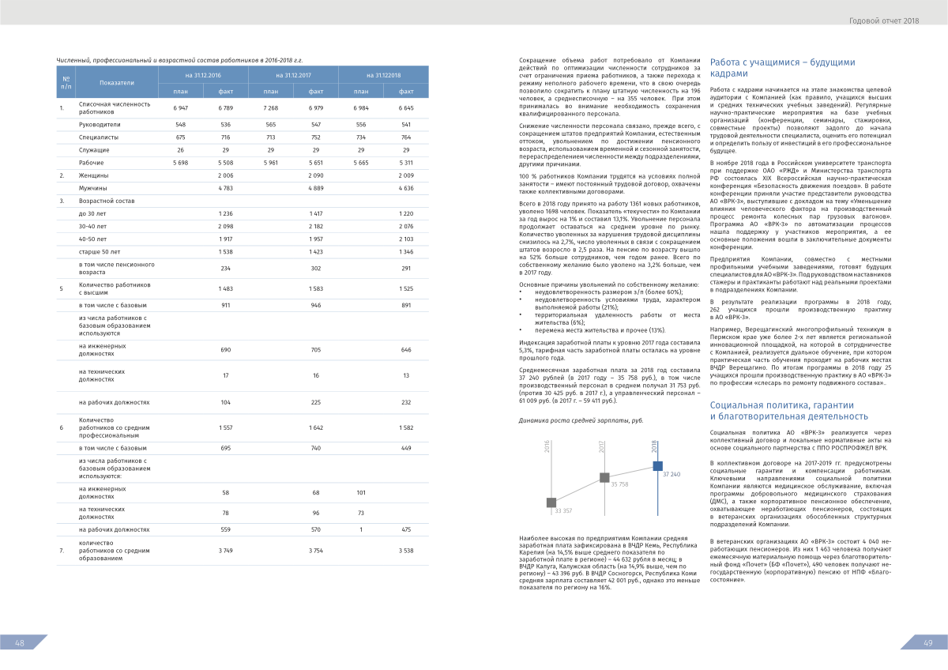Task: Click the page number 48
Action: coord(20,643)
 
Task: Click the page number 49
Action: coord(928,643)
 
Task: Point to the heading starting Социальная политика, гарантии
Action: coord(788,411)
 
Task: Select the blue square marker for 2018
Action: coord(657,465)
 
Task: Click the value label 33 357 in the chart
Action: coord(563,511)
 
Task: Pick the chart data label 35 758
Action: coord(619,484)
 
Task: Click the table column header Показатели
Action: coord(117,82)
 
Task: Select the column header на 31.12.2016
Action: coord(203,75)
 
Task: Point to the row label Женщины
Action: coord(93,174)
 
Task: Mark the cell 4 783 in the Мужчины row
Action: coord(225,189)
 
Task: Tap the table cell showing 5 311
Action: coord(406,162)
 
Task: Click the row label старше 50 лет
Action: coord(99,251)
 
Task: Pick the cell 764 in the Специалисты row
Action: coord(406,137)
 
